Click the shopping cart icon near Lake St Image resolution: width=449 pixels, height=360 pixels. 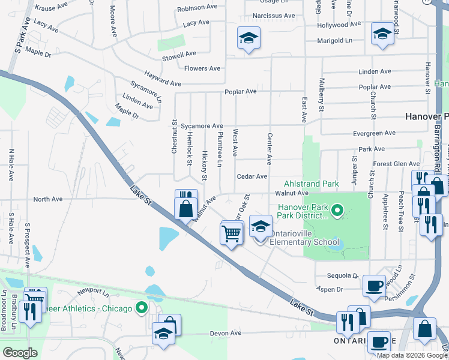tap(231, 233)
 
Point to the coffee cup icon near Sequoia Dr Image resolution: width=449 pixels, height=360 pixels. tap(374, 286)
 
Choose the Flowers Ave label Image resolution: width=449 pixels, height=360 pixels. tap(202, 68)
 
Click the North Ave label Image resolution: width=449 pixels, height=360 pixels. tap(48, 199)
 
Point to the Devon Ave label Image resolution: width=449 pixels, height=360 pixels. tap(225, 333)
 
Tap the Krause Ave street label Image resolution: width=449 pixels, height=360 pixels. tap(52, 8)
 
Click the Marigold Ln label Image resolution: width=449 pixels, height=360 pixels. tap(335, 40)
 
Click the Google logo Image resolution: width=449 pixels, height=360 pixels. tap(20, 352)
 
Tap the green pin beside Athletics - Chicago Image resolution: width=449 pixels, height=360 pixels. tap(142, 308)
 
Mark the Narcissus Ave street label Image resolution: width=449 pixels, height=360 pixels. tap(274, 15)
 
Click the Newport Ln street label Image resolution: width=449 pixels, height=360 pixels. tap(92, 292)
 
